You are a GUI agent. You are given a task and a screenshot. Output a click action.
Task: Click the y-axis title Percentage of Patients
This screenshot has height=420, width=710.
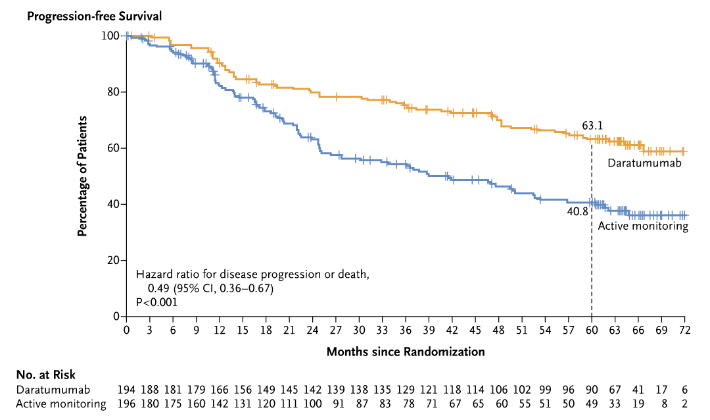[83, 176]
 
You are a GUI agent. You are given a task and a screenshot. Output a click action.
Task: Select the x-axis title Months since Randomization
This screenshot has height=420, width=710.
[406, 352]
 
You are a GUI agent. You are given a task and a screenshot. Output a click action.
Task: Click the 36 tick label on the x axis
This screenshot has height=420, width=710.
[406, 329]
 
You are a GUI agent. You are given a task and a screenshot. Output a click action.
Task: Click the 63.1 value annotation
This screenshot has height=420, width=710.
[592, 126]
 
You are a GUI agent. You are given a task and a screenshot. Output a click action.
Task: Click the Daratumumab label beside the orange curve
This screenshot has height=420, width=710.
[643, 163]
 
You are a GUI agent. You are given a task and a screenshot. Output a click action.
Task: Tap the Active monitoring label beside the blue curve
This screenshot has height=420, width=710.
[642, 226]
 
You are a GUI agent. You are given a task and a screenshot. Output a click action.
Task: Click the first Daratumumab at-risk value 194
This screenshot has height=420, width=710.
[126, 389]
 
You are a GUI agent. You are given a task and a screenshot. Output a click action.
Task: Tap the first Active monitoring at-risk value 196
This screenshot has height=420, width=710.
[126, 404]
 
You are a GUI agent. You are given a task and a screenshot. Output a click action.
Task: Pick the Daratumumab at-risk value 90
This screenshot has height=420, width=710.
[592, 389]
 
